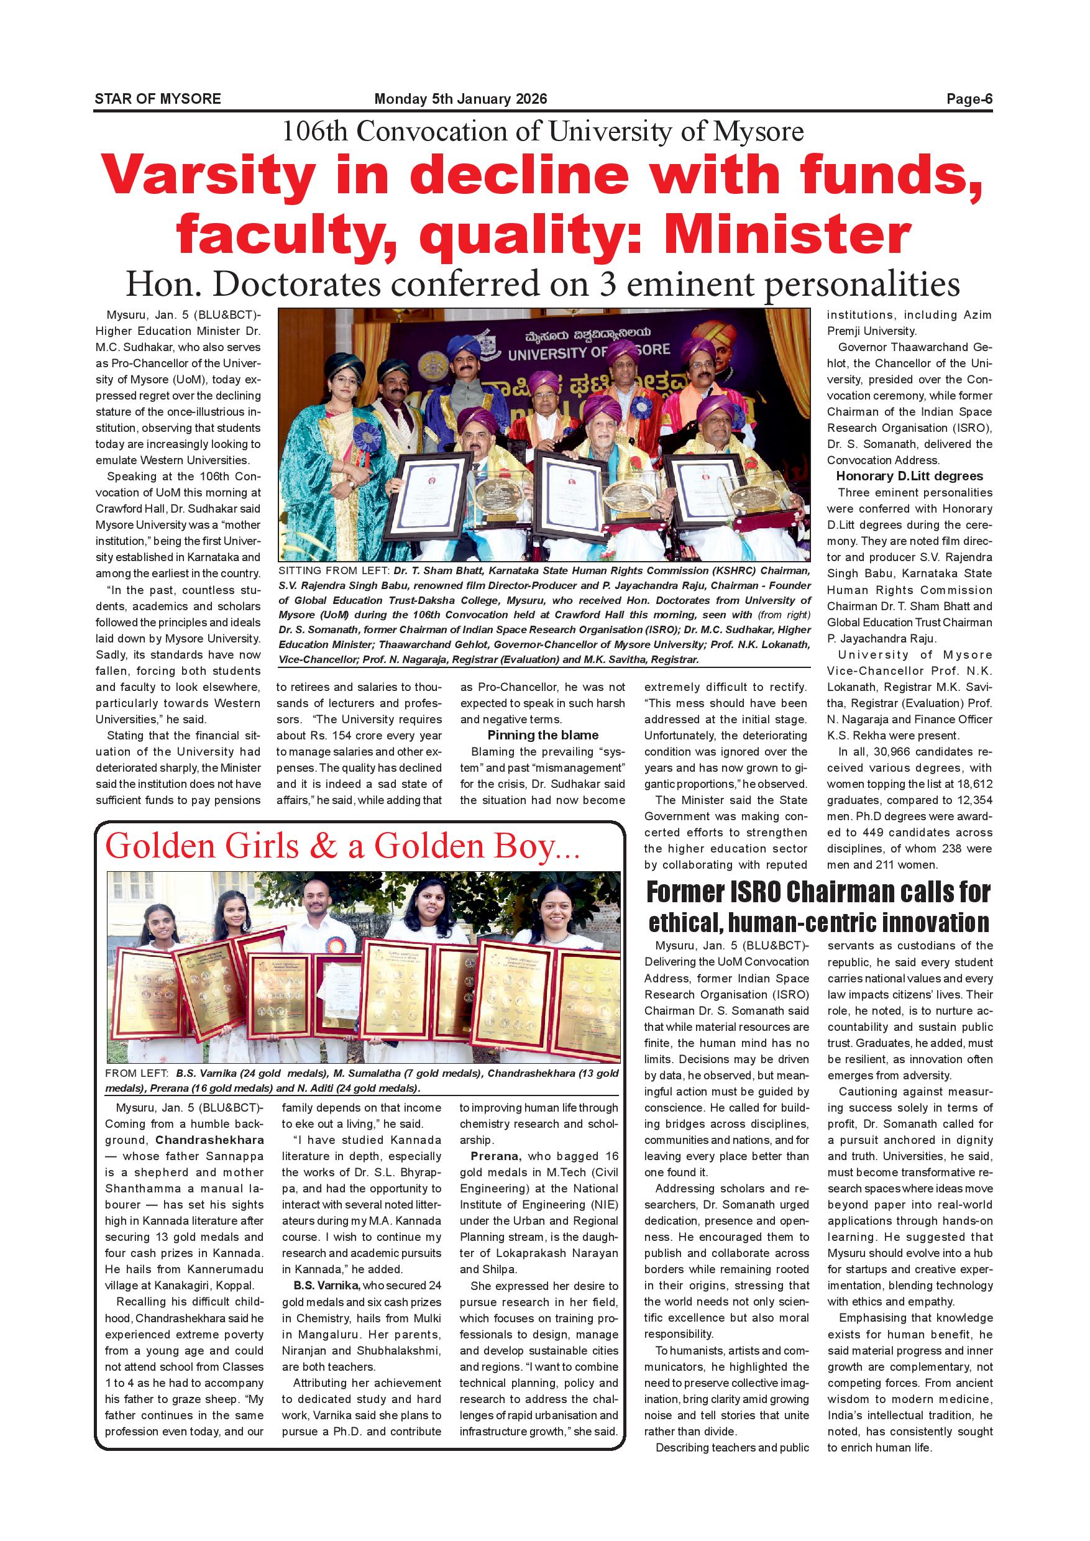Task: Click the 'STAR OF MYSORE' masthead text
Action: click(158, 99)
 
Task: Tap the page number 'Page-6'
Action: click(969, 99)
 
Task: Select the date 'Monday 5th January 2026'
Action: click(460, 99)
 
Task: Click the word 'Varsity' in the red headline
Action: click(209, 176)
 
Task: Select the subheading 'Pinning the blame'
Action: click(543, 735)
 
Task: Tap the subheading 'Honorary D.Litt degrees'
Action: click(909, 476)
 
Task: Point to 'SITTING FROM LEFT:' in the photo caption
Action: click(334, 571)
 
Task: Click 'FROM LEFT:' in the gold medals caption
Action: click(138, 1074)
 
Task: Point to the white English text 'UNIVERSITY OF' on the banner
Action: click(557, 352)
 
